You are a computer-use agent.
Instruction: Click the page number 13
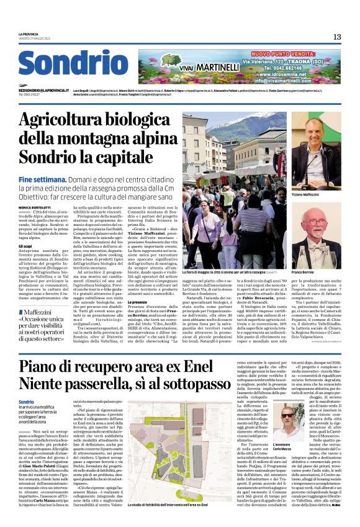pyautogui.click(x=337, y=37)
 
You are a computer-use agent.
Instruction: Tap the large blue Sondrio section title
pyautogui.click(x=64, y=64)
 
